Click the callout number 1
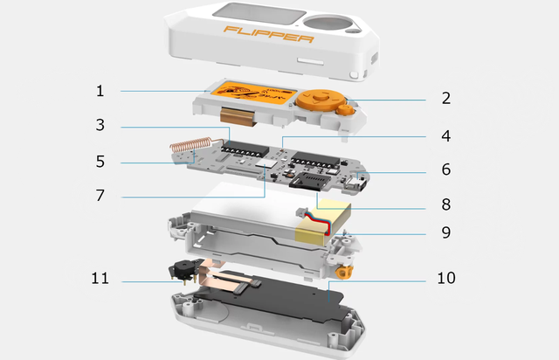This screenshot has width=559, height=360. [x=100, y=91]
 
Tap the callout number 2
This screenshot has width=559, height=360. [x=446, y=98]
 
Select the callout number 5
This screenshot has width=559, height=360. [x=100, y=162]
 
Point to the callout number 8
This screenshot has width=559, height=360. [x=446, y=204]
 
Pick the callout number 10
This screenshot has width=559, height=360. [x=446, y=278]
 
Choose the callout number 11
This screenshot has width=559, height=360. [x=100, y=278]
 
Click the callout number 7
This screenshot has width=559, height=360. [x=100, y=195]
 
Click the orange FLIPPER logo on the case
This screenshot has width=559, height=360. [x=269, y=34]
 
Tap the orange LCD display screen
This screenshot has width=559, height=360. [x=253, y=93]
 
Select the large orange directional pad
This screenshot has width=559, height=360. [x=321, y=99]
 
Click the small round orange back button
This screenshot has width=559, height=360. [x=345, y=109]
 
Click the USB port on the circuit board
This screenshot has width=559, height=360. [x=358, y=184]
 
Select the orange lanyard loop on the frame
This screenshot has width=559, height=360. [x=344, y=273]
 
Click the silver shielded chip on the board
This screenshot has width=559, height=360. [x=266, y=164]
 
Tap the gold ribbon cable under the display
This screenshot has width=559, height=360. [x=238, y=115]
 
